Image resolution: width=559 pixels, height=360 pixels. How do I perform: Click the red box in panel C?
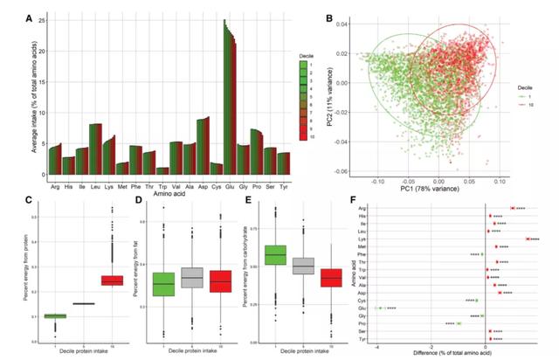[x=112, y=280]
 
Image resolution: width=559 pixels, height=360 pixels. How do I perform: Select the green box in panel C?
[x=56, y=315]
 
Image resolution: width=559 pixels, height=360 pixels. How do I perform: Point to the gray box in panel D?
[x=191, y=277]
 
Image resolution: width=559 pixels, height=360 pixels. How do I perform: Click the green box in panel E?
[x=275, y=254]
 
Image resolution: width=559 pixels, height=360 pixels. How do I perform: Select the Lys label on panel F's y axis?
[x=362, y=239]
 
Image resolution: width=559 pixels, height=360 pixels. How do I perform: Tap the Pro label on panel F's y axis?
[x=362, y=323]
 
